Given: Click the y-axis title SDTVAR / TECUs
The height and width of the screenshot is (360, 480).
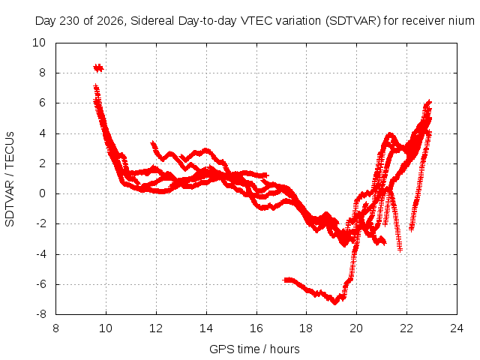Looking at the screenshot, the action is click(10, 179).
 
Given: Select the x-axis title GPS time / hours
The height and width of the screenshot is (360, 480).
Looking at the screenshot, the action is click(254, 349).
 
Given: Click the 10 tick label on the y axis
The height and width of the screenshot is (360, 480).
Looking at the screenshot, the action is click(39, 43).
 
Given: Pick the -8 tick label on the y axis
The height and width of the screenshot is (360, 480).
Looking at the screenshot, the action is click(40, 314).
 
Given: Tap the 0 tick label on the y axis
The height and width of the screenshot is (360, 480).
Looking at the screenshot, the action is click(43, 193).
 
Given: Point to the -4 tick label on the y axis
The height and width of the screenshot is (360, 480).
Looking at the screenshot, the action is click(40, 254).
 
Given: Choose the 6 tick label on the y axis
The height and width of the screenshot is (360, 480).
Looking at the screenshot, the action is click(43, 103).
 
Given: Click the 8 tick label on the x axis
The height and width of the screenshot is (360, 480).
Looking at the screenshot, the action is click(55, 328).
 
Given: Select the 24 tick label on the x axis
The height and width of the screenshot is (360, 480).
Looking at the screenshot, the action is click(457, 328).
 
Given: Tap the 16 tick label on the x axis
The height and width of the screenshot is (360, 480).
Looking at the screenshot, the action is click(256, 328).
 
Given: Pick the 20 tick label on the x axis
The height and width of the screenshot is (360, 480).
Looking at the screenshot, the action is click(357, 328).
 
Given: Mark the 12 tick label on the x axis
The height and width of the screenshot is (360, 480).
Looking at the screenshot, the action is click(156, 328).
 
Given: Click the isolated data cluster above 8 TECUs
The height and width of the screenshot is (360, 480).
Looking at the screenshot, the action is click(98, 68).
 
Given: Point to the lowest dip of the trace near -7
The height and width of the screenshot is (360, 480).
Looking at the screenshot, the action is click(335, 301).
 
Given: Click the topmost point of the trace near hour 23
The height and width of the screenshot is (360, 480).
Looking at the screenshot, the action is click(428, 102).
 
